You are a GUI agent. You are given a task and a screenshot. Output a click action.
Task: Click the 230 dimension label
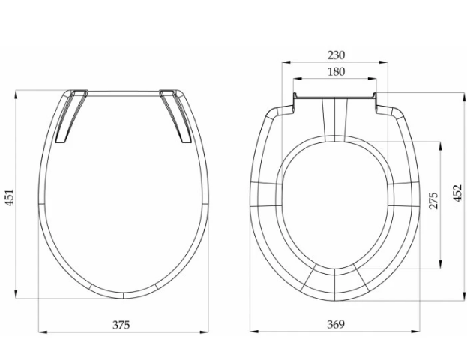click(x=336, y=55)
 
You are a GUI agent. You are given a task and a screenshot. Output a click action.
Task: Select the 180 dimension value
click(x=336, y=72)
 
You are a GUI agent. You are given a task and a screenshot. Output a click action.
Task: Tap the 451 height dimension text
click(x=10, y=197)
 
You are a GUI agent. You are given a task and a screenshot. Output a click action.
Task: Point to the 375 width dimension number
click(x=121, y=325)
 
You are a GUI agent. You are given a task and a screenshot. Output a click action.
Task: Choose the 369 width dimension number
click(x=336, y=324)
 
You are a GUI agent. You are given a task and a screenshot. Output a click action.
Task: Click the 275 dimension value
click(x=433, y=200)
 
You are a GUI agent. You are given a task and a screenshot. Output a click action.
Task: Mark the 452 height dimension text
click(x=458, y=193)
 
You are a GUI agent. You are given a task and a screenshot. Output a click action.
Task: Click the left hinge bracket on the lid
click(x=71, y=116)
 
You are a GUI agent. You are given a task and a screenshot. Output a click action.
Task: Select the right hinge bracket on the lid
click(x=175, y=116)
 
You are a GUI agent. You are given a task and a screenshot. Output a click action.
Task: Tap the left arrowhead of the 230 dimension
click(x=286, y=62)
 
